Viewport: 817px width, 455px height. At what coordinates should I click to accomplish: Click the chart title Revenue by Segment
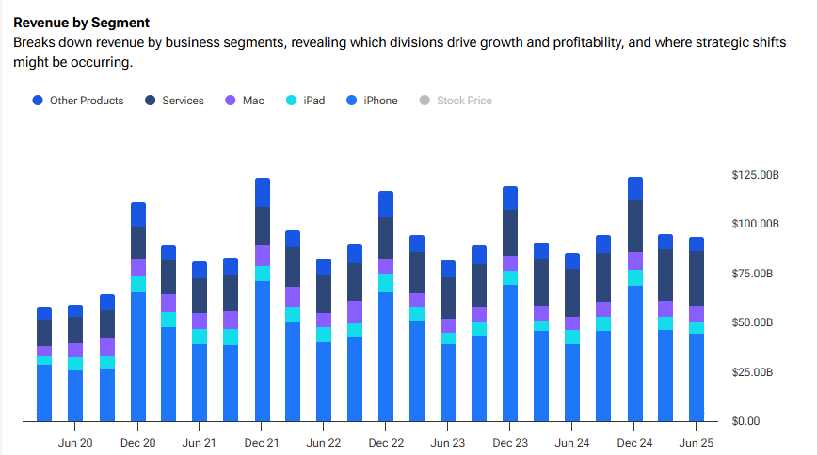tap(81, 22)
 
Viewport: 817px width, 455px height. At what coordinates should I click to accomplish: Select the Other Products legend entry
tap(86, 101)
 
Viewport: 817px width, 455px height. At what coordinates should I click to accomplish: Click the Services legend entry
tap(182, 101)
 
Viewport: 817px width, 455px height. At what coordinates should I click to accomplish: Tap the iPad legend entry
tap(313, 101)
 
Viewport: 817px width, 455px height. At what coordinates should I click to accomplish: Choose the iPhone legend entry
tap(379, 101)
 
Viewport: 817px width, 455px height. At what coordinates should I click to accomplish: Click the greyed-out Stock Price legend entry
tap(463, 101)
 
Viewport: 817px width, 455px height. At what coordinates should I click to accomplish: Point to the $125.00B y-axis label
tap(756, 175)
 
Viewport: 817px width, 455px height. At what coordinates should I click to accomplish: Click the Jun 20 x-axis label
tap(75, 442)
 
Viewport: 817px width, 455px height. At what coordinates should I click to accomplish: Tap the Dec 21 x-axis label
tap(262, 442)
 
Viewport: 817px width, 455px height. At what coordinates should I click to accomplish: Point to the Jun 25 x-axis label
tap(697, 442)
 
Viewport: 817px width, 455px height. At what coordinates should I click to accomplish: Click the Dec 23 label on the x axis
tap(510, 442)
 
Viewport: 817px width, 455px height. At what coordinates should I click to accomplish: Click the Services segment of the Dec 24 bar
tap(635, 227)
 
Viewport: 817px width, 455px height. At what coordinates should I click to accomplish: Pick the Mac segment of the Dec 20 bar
tap(138, 267)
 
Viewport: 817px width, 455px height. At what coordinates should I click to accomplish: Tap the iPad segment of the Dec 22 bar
tap(386, 283)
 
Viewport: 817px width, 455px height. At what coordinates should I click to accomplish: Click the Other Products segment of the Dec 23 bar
tap(510, 197)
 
